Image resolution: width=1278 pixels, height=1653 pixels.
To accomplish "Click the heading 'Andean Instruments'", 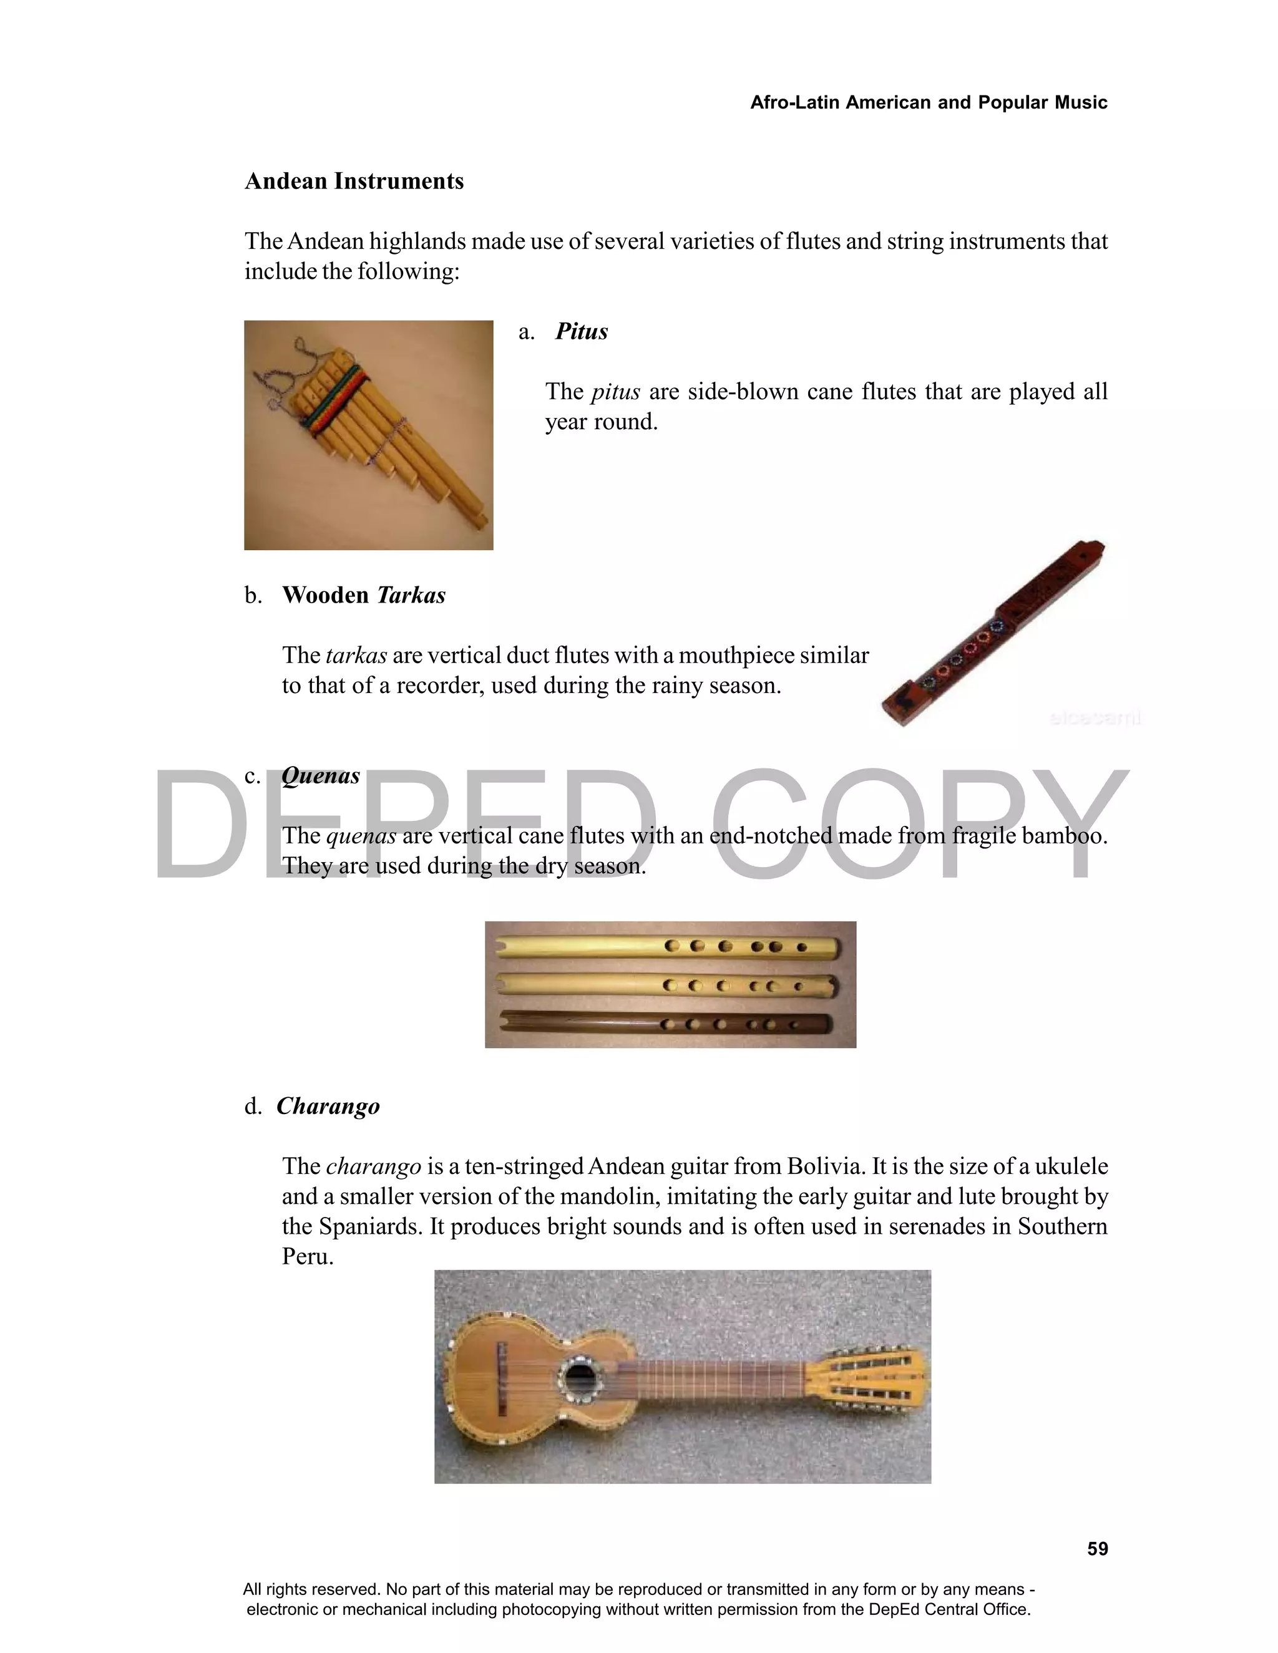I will [x=354, y=182].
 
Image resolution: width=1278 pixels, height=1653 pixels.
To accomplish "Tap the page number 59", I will [x=1097, y=1549].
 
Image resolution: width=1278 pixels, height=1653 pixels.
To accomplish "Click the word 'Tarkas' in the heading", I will [x=411, y=595].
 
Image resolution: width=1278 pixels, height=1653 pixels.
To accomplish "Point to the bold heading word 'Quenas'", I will [x=320, y=776].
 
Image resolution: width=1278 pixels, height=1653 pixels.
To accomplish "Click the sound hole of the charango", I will [x=580, y=1377].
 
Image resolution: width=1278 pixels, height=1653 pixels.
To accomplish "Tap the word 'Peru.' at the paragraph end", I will [x=308, y=1257].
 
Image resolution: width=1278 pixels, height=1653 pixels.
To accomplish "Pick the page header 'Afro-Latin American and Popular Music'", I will [x=928, y=102].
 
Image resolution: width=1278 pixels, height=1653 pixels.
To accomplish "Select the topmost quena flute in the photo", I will [x=666, y=946].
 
